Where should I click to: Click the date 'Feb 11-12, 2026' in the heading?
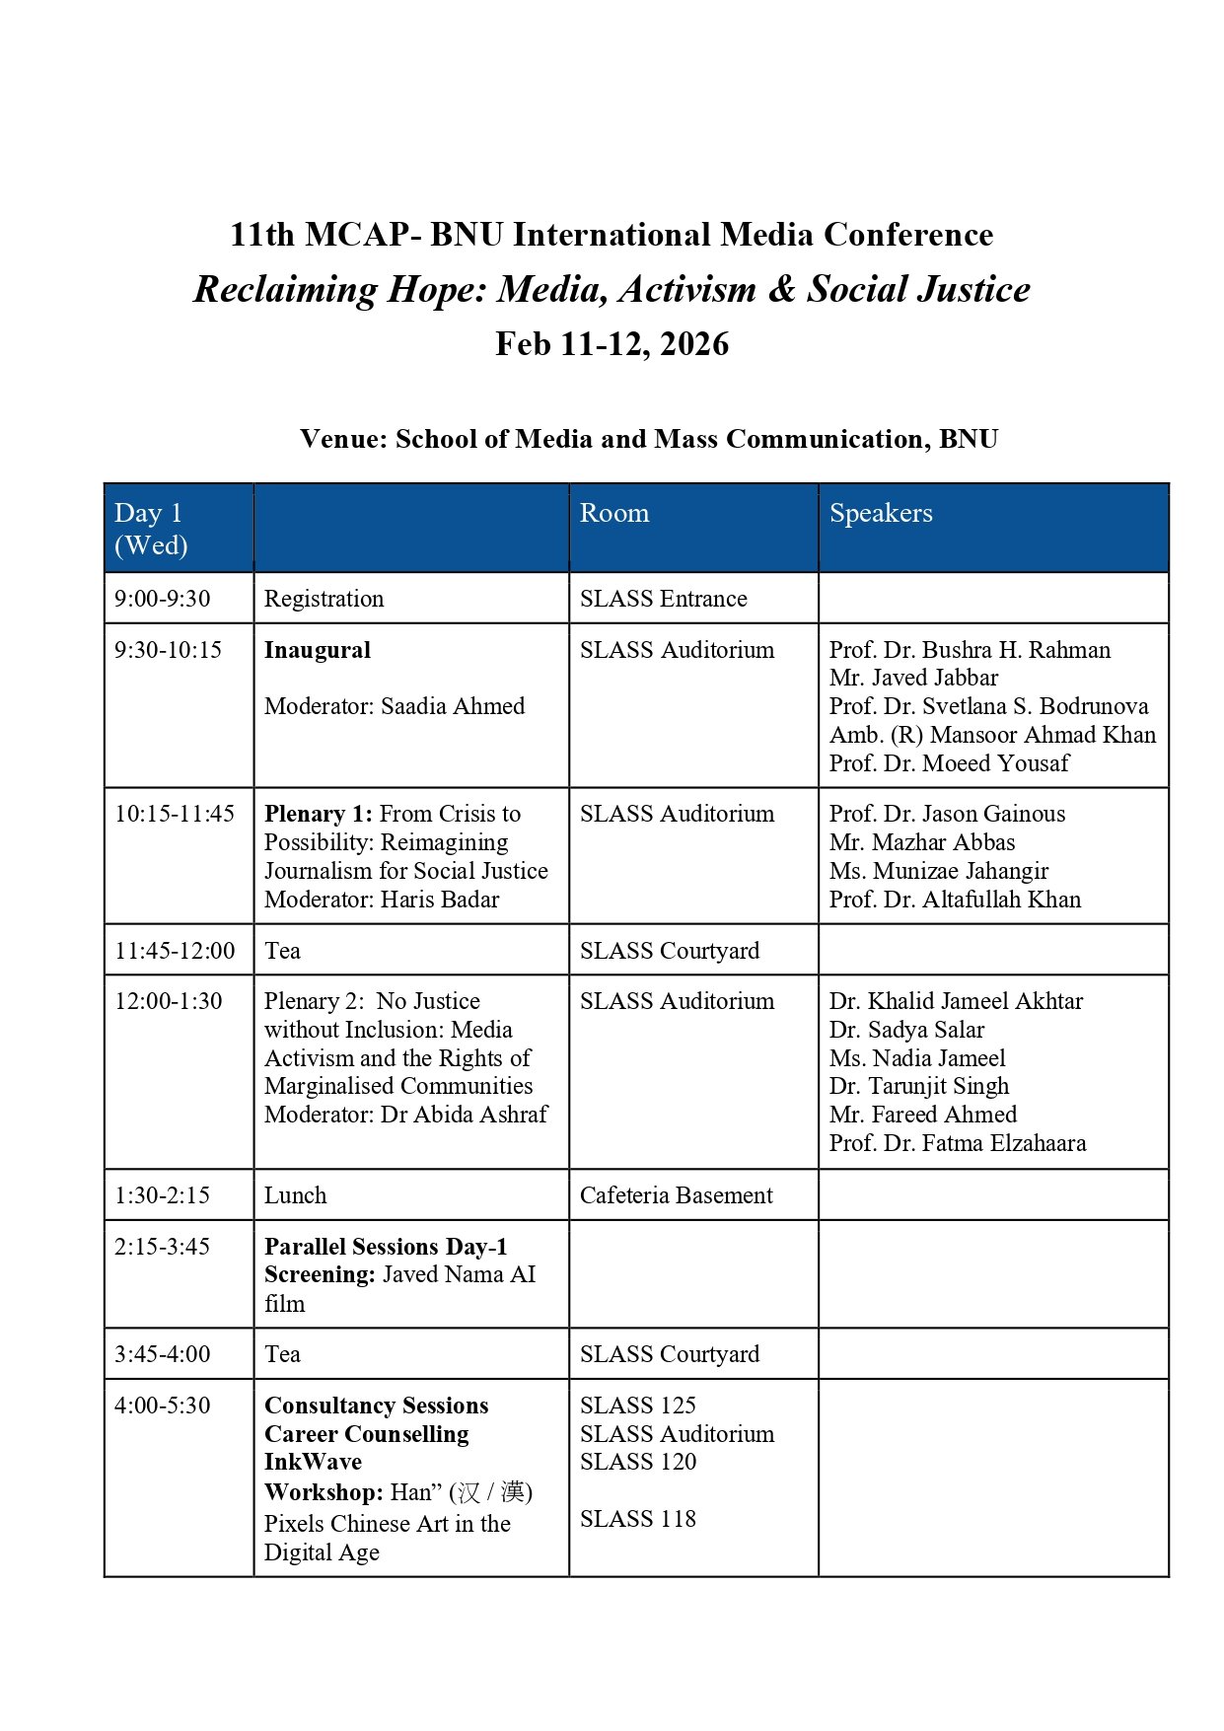coord(612,344)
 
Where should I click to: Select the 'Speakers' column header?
coord(880,513)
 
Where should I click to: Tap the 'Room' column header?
coord(613,513)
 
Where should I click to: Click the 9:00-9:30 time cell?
coord(163,599)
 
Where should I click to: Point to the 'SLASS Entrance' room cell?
coord(663,599)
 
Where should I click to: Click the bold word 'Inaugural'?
coord(317,650)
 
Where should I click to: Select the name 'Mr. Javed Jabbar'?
coord(913,678)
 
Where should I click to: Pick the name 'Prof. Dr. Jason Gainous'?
coord(947,814)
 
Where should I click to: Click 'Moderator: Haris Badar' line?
coord(382,900)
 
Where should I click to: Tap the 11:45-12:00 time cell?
coord(175,951)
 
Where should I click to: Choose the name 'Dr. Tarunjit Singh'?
coord(918,1086)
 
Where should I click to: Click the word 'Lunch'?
coord(295,1195)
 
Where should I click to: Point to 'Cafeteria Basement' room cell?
coord(676,1195)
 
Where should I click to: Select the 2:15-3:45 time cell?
coord(162,1247)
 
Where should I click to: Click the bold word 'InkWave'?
coord(313,1462)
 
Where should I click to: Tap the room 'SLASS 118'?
coord(637,1519)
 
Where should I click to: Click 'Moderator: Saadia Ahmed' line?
coord(395,706)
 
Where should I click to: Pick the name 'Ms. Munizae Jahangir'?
coord(938,871)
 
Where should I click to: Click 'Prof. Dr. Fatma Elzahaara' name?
coord(957,1143)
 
